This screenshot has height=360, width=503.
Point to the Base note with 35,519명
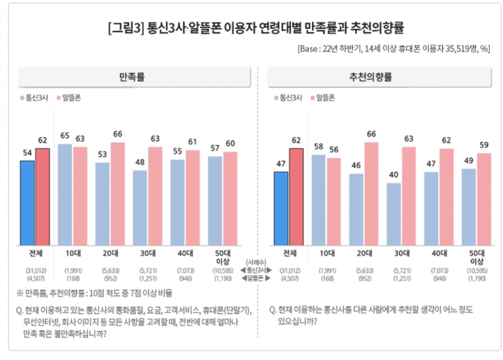click(x=393, y=49)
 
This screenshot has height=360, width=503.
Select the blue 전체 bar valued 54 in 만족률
click(x=27, y=203)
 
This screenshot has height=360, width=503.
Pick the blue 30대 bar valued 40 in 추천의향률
click(x=393, y=214)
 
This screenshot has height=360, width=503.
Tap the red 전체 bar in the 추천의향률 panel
click(x=297, y=197)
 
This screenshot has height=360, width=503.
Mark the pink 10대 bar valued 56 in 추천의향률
click(x=334, y=202)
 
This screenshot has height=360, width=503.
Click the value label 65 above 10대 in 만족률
click(x=64, y=136)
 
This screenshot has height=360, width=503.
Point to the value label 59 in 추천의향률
click(x=484, y=145)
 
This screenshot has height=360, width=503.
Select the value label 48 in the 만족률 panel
click(x=140, y=162)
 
